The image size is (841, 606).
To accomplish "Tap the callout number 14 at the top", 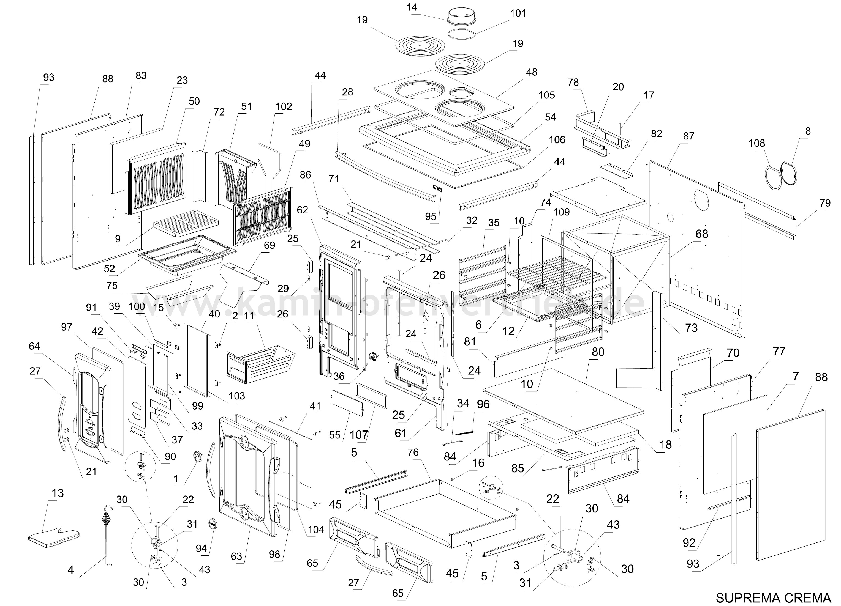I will [412, 7].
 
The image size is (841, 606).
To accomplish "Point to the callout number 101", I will [518, 13].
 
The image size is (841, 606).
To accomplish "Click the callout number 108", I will [757, 143].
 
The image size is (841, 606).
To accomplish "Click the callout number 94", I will [201, 548].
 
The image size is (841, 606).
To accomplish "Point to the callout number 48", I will [531, 72].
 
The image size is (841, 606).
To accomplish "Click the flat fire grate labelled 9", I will [186, 223].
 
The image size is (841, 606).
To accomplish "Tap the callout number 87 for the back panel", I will [688, 136].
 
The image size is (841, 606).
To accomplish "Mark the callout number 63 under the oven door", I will [236, 556].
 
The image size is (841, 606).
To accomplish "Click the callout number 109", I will [561, 212].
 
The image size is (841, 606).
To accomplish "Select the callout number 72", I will [219, 112].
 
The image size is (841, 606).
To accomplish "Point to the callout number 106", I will [557, 140].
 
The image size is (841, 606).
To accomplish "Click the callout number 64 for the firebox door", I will [34, 346].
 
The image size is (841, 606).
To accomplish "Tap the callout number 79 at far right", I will [825, 203].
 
